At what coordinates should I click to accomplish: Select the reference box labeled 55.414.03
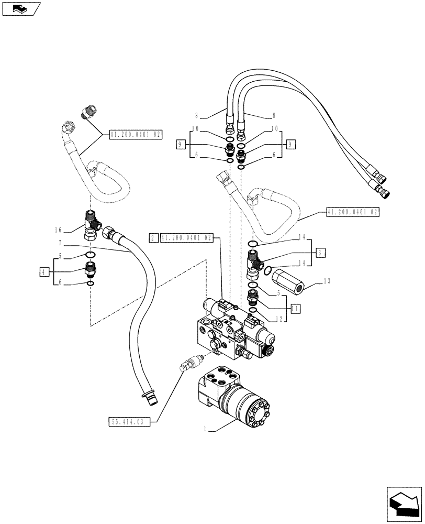[x=129, y=421]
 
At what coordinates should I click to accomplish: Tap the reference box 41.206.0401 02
[x=136, y=135]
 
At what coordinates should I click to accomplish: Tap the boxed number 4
[x=44, y=271]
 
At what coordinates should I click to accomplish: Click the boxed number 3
[x=320, y=253]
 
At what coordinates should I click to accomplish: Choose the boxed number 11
[x=295, y=309]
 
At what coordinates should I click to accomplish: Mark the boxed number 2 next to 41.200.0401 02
[x=153, y=237]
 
